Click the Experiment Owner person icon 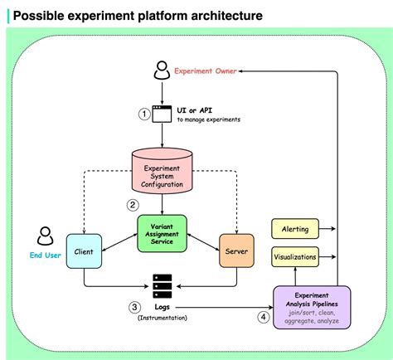162,71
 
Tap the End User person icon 45,236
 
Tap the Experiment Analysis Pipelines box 311,308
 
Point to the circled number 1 143,114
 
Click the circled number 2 132,204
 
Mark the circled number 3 133,307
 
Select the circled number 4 264,316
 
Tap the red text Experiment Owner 206,71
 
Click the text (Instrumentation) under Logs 162,318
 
